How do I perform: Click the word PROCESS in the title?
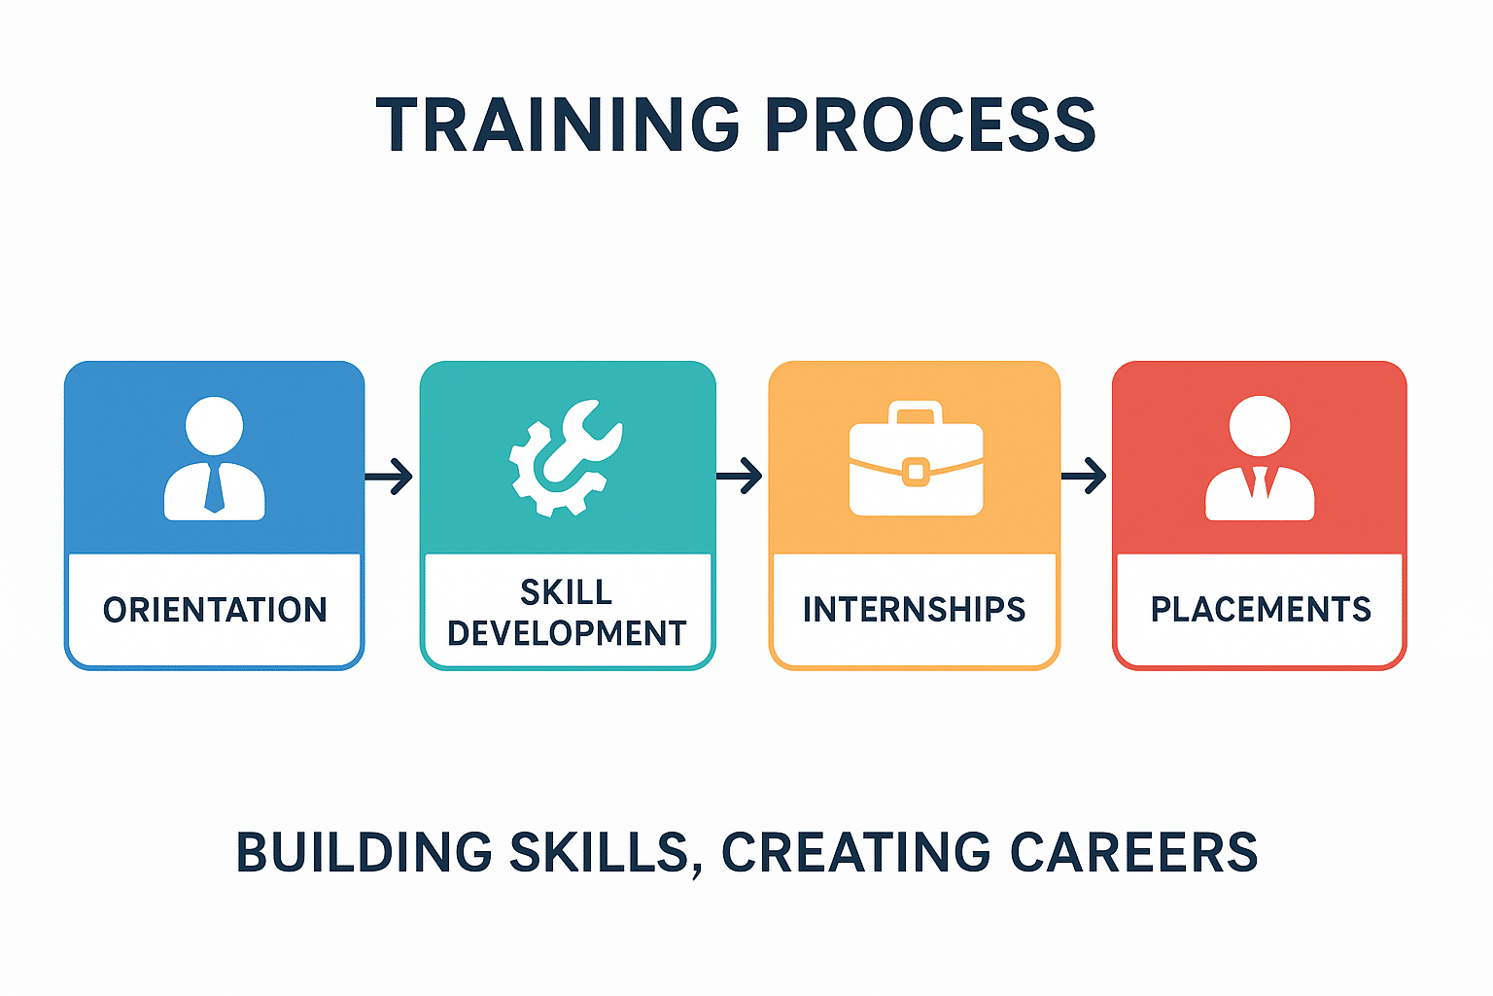931,124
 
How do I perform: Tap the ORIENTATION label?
215,610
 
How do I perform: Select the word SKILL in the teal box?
567,591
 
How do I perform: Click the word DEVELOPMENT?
567,633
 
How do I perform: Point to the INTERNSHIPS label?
914,609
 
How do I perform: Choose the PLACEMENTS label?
1261,609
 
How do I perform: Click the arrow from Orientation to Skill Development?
389,477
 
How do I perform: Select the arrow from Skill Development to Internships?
739,476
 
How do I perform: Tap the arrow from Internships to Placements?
1084,476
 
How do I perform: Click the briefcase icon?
916,458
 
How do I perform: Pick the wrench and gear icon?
566,458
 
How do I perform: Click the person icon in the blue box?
215,458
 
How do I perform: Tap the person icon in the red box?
1260,458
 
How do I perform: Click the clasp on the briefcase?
916,472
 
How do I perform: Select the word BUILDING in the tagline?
364,853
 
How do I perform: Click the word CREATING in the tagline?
855,853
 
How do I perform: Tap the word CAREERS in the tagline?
1133,853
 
